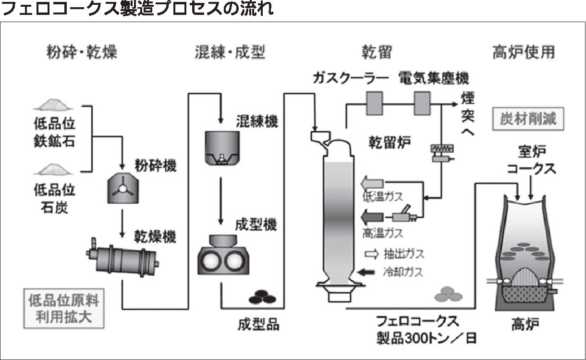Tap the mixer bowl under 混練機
tap(221, 147)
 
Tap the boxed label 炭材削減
tap(528, 118)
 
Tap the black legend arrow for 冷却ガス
tap(367, 272)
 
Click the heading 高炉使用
tap(523, 51)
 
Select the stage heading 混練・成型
tap(230, 51)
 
